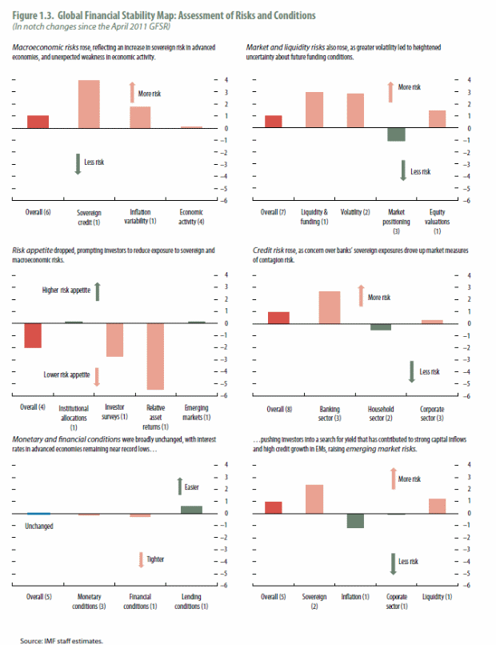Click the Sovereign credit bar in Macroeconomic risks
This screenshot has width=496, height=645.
click(89, 104)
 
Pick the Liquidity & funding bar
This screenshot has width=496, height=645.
click(314, 110)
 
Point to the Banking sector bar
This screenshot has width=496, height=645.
click(330, 306)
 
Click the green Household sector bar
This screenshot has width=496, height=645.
click(381, 327)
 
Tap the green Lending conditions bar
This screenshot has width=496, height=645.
click(191, 509)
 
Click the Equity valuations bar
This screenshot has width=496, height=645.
click(437, 119)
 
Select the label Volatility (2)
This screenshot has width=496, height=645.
click(355, 212)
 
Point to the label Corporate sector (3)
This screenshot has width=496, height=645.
click(432, 413)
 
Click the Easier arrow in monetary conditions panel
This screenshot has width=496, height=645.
click(181, 485)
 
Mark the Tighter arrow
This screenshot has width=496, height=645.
click(140, 560)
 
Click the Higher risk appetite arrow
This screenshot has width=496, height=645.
click(97, 291)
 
